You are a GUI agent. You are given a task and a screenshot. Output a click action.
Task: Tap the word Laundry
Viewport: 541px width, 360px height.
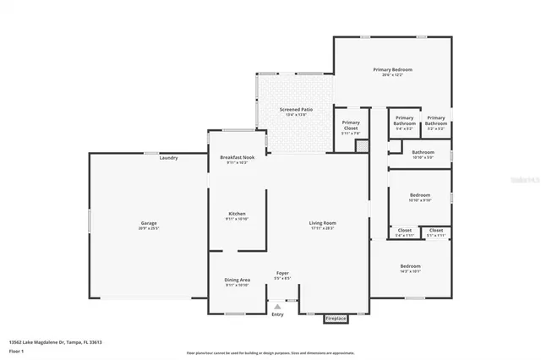168,158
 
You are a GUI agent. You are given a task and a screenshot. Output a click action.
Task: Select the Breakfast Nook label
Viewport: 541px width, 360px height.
237,158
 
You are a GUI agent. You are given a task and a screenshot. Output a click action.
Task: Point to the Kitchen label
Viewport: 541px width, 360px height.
237,214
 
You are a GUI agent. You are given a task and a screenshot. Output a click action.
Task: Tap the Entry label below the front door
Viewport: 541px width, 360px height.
277,314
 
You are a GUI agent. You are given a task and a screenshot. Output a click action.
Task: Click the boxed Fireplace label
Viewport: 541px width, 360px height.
336,319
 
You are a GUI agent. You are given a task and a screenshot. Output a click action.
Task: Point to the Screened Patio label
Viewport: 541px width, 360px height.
296,111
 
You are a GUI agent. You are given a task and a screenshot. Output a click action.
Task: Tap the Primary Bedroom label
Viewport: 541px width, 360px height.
393,69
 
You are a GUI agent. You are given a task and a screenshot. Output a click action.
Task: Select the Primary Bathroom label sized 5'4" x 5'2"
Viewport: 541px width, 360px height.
404,121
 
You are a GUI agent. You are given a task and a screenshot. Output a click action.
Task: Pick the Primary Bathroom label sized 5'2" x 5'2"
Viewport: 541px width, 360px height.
436,121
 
